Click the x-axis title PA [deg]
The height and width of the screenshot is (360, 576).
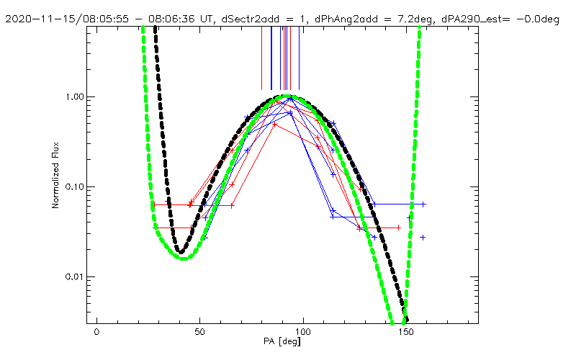[287, 349]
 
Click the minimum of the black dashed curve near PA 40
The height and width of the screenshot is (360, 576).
[182, 251]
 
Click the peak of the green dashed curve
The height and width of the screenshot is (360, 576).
[287, 96]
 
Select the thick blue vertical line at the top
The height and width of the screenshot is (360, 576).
[271, 58]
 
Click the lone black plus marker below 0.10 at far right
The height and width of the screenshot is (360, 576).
[423, 237]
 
